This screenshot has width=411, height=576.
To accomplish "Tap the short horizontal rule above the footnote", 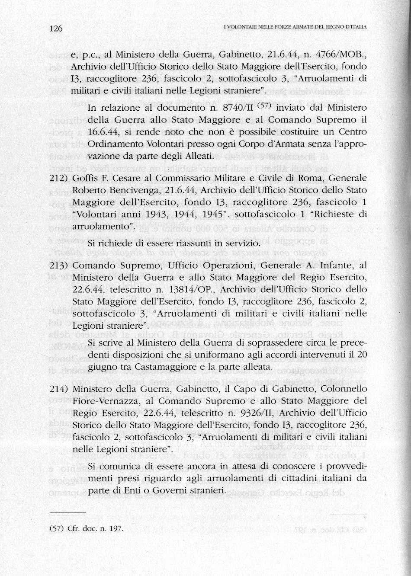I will pos(68,512).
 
